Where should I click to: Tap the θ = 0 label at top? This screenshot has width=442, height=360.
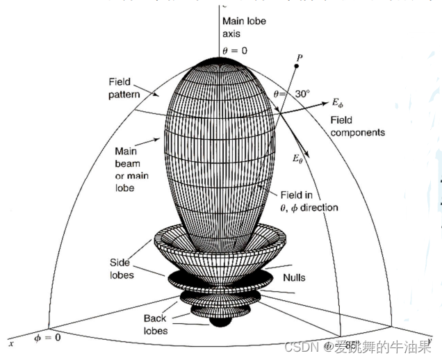[x=235, y=50]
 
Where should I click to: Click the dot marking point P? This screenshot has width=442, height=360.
[x=297, y=65]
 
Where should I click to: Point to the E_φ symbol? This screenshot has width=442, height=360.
[x=337, y=104]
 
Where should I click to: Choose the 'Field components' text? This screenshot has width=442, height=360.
[x=357, y=126]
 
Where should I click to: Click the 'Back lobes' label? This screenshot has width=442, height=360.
[x=156, y=325]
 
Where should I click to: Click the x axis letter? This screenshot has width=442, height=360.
[x=10, y=343]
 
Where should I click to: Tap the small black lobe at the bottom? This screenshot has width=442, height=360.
[x=220, y=321]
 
